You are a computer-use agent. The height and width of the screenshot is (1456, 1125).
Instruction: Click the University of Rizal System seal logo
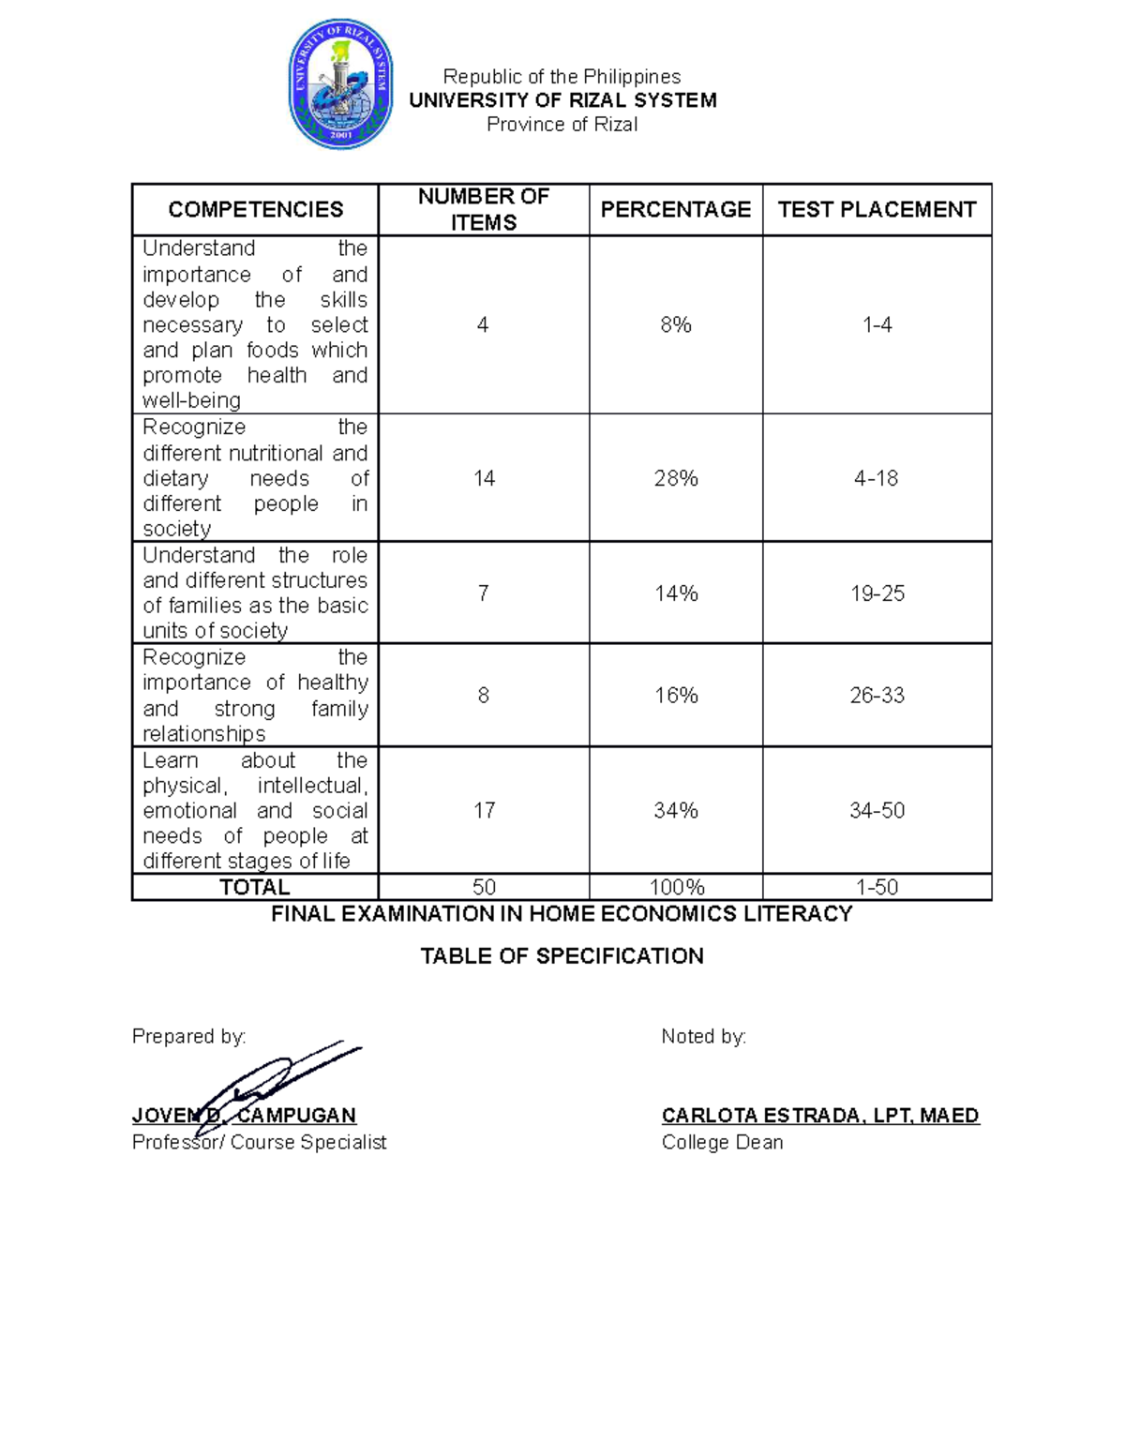[339, 85]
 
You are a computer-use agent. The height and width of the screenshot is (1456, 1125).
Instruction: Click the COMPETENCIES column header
[255, 209]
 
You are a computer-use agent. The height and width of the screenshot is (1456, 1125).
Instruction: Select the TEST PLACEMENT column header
[877, 209]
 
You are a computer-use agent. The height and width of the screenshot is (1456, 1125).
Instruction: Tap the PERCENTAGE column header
[675, 209]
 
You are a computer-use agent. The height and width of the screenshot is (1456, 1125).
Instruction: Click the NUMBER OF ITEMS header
[483, 209]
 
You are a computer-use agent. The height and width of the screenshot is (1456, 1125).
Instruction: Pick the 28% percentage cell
[675, 478]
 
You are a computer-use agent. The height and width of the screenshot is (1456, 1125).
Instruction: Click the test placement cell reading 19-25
[877, 593]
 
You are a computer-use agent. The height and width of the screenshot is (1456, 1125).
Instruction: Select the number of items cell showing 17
[484, 810]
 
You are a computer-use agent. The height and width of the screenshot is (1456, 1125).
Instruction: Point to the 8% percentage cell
[675, 324]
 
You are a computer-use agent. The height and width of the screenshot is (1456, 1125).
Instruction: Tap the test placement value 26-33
[877, 696]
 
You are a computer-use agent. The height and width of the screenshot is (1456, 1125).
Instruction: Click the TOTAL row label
[254, 887]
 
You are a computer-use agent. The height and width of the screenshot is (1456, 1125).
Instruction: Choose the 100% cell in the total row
[676, 887]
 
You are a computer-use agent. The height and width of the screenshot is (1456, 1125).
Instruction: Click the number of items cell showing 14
[484, 478]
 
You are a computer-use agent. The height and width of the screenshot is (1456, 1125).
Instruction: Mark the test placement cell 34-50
[877, 810]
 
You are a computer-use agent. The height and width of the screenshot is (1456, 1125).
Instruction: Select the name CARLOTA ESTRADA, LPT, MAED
[820, 1116]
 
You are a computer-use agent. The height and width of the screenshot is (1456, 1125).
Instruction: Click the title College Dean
[722, 1142]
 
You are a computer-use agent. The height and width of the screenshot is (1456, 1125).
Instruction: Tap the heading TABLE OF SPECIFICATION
[562, 956]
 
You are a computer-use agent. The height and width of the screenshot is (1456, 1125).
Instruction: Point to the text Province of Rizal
[562, 125]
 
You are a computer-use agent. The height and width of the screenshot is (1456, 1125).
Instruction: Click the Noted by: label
[703, 1036]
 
